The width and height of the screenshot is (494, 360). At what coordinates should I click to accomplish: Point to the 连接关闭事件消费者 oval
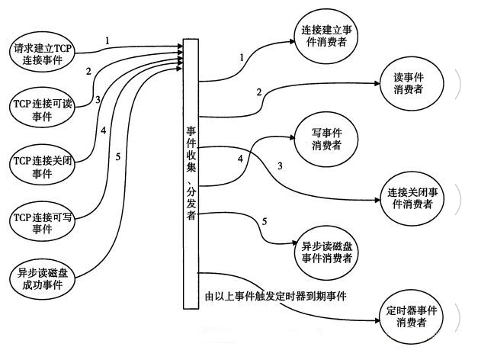pos(412,198)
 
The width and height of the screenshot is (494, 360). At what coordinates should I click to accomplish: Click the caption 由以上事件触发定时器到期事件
pos(275,295)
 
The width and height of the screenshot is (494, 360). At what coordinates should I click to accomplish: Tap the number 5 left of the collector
pos(117,158)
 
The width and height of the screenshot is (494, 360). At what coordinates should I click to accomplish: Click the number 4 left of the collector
pos(103,130)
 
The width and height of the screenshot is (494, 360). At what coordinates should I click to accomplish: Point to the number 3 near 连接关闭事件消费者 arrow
pos(280,166)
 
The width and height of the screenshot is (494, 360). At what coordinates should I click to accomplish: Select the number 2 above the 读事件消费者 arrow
pos(259,92)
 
